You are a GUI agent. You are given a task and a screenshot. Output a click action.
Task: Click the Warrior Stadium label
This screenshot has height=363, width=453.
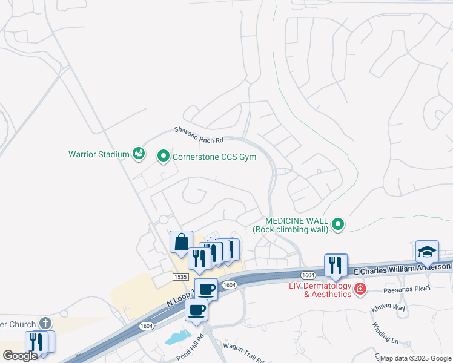(99, 154)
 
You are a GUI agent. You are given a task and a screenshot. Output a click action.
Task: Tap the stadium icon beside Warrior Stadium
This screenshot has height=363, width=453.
(139, 154)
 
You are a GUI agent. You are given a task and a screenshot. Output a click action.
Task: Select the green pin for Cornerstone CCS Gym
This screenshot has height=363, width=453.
(163, 157)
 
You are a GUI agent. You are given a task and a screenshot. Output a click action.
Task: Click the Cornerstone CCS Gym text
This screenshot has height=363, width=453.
(214, 157)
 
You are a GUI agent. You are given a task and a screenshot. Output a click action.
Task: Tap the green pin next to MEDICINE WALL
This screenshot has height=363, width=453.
(339, 225)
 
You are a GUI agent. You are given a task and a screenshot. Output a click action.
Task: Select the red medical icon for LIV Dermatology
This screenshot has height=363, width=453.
(360, 289)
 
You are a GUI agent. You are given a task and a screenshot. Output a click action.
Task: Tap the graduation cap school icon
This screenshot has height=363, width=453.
(427, 251)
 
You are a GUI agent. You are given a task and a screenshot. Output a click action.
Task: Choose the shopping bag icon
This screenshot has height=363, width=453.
(181, 242)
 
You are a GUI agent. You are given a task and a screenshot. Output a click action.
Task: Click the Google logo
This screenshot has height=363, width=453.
(20, 356)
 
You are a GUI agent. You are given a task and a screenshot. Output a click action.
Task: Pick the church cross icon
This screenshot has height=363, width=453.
(45, 323)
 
